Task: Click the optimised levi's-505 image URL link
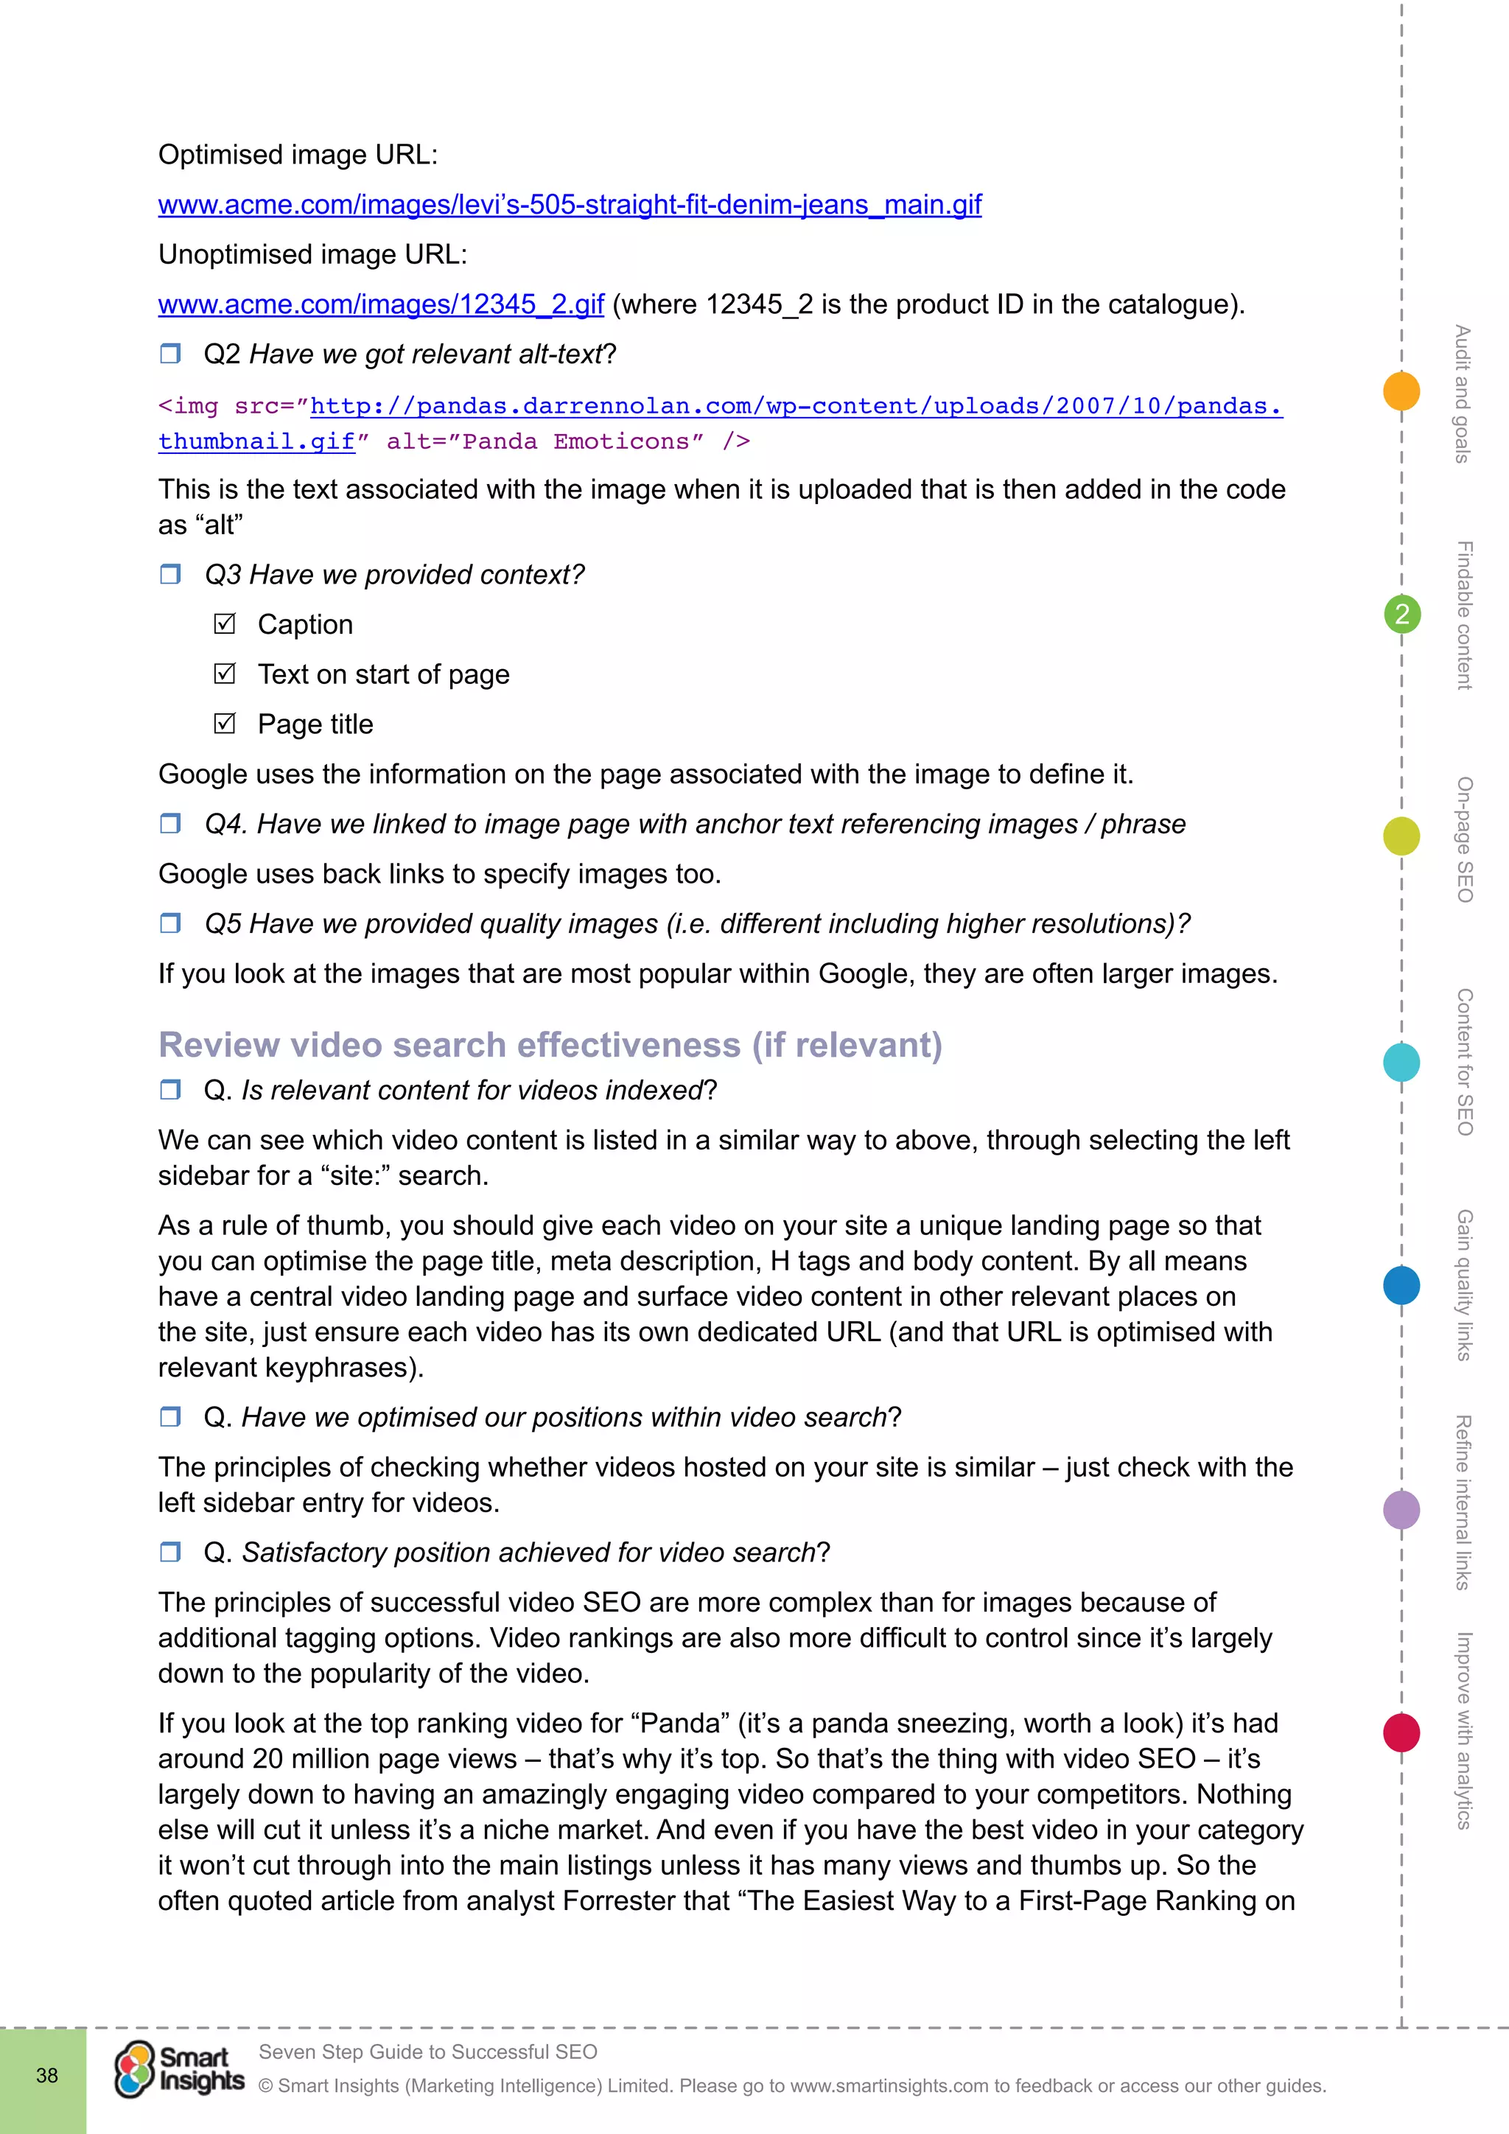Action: coord(569,204)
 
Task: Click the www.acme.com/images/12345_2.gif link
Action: coord(381,305)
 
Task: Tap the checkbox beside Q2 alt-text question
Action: coord(170,353)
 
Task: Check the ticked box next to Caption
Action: coord(225,623)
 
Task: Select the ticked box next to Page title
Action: coord(225,723)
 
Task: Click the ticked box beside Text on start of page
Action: coord(225,674)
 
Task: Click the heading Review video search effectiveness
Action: coord(550,1045)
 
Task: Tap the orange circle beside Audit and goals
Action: coord(1401,391)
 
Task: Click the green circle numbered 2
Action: coord(1401,615)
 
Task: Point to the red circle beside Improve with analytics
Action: coord(1401,1732)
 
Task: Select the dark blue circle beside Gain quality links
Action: coord(1401,1285)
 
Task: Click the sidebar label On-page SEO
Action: coord(1463,839)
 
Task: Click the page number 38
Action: coord(46,2076)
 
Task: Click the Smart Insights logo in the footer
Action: coord(179,2070)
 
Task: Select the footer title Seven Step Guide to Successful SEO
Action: coord(427,2051)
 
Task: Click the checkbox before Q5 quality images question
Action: coord(170,923)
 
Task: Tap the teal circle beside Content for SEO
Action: coord(1401,1061)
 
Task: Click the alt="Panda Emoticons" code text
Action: coord(545,441)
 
